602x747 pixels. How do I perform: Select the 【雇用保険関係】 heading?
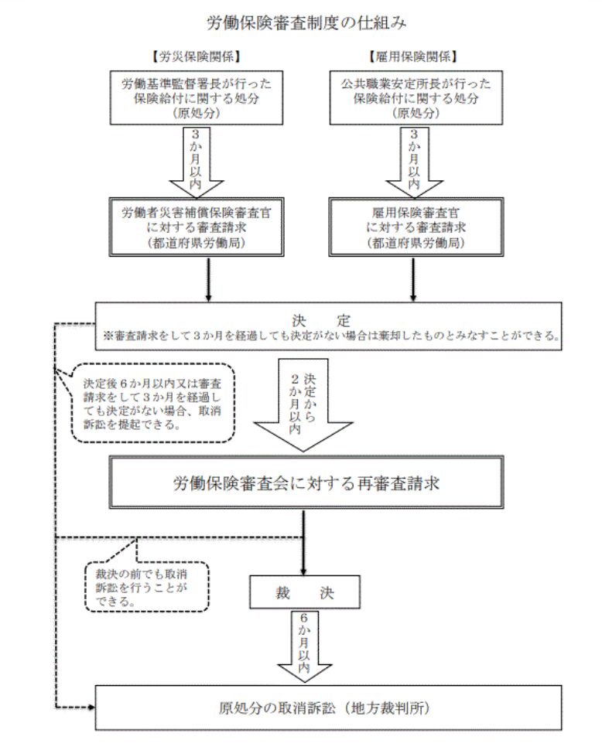[x=412, y=56]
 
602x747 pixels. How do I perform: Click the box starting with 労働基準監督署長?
[x=196, y=97]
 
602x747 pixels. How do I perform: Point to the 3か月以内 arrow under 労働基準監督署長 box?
[x=196, y=161]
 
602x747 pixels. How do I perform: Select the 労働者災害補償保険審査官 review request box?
[x=196, y=226]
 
